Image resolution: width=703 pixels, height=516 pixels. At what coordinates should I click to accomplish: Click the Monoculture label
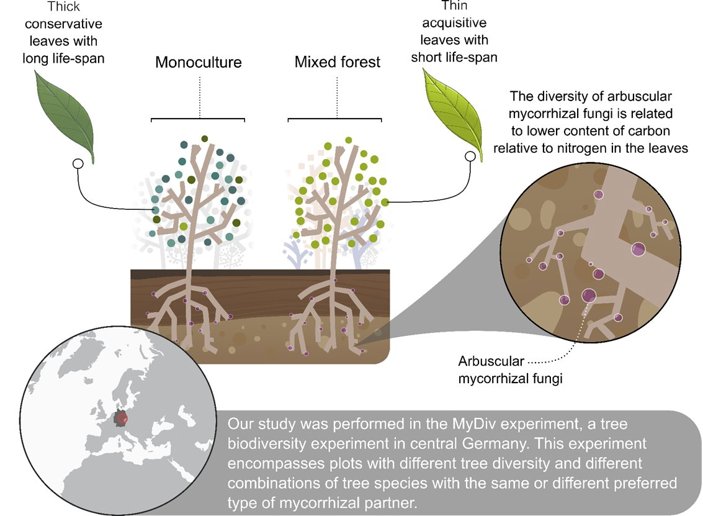click(x=198, y=62)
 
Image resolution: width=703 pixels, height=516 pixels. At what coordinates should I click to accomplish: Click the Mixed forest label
click(x=337, y=62)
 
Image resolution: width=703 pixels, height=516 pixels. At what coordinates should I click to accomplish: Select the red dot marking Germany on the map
click(x=122, y=420)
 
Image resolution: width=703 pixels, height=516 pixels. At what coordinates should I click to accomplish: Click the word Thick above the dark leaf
click(x=64, y=8)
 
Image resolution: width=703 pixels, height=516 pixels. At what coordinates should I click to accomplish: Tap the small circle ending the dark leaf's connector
click(x=78, y=164)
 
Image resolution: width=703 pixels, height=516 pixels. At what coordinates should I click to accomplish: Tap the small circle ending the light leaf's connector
click(x=471, y=156)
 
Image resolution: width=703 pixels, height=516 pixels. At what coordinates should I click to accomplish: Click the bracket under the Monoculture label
click(x=198, y=119)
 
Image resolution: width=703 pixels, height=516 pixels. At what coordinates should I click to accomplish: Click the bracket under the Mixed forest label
click(x=335, y=119)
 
